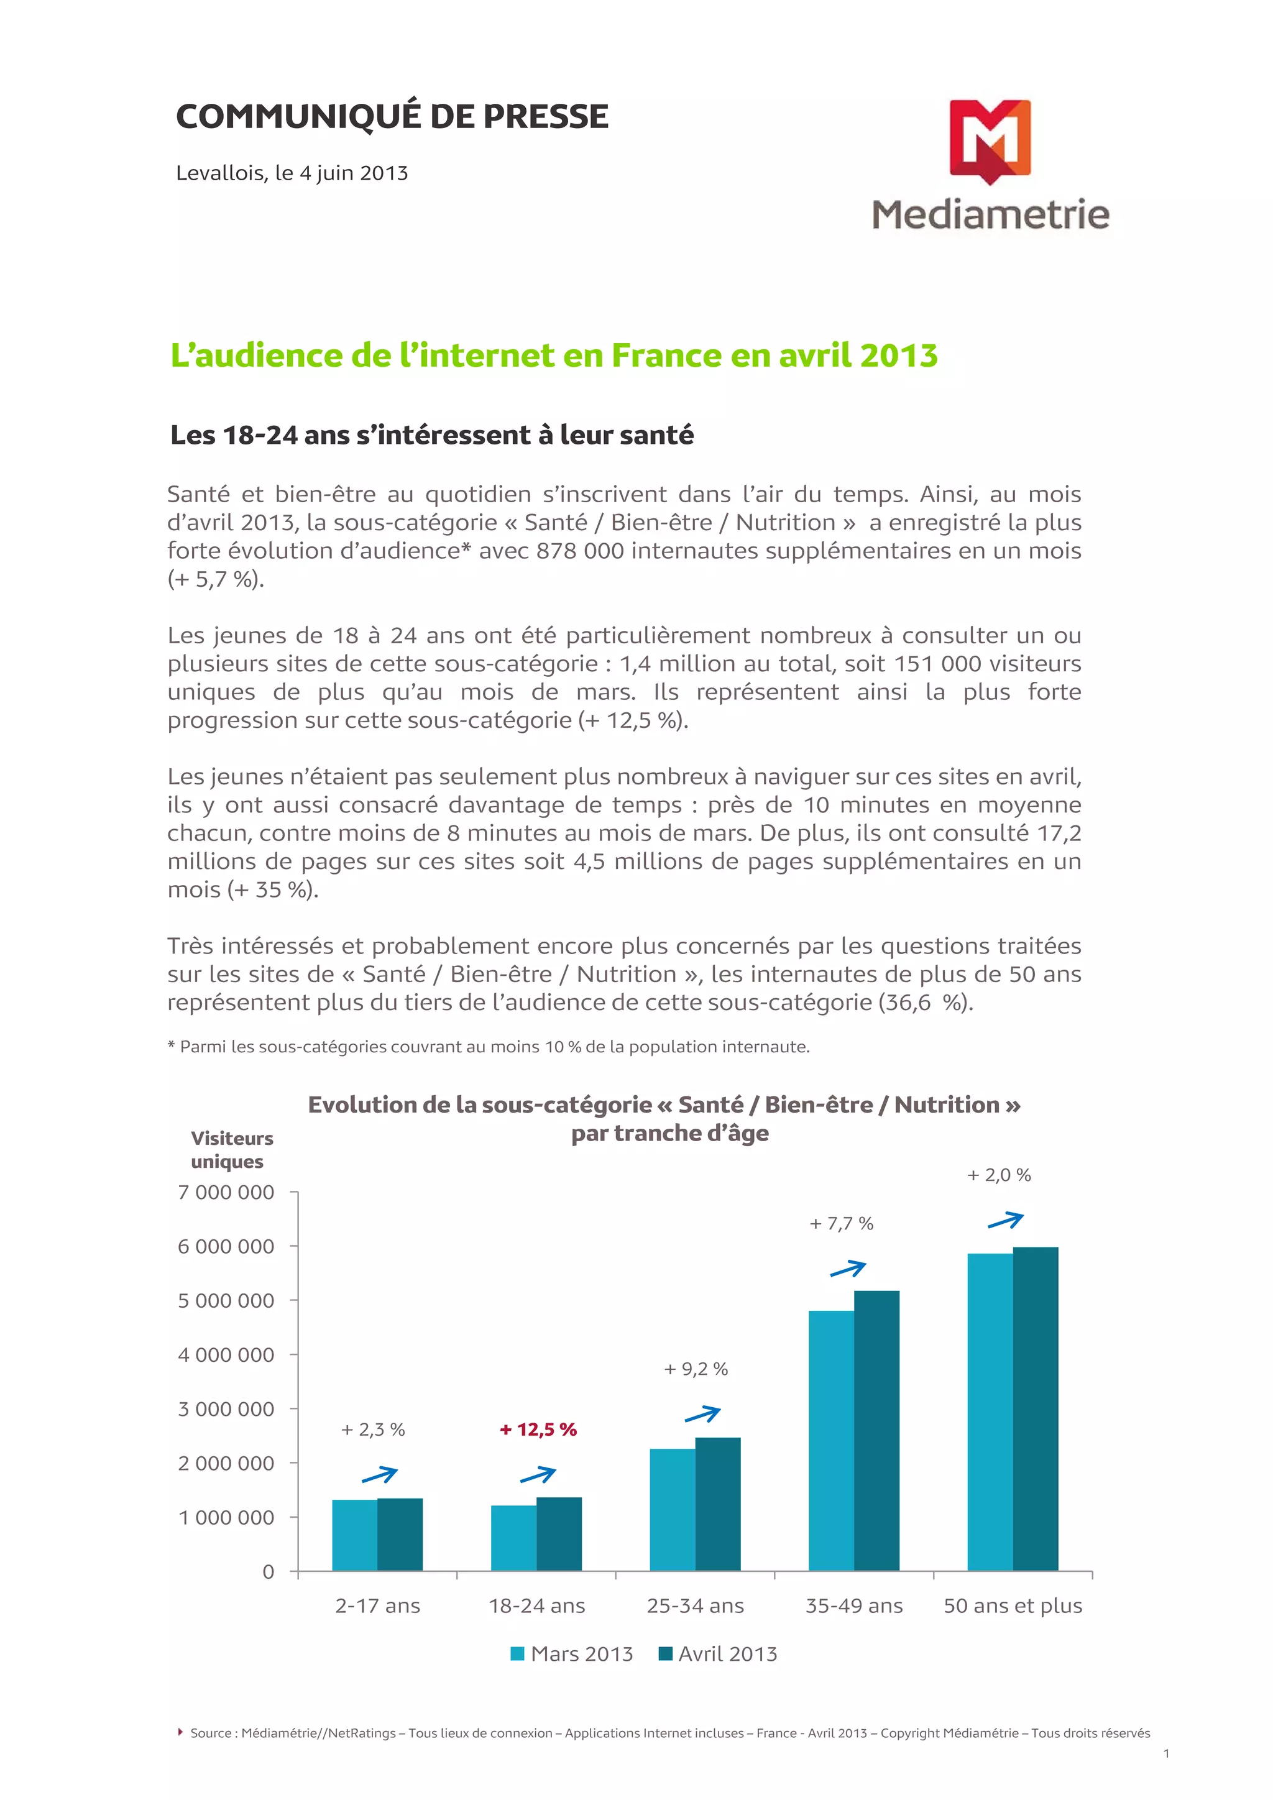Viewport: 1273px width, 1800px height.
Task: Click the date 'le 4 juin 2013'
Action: (x=342, y=173)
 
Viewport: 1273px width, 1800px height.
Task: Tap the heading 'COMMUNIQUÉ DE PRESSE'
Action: (x=392, y=117)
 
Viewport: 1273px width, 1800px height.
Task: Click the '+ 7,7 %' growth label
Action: (x=841, y=1224)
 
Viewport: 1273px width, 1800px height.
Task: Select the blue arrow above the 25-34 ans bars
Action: (x=702, y=1414)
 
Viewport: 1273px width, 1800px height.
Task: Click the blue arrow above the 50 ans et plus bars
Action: (x=1006, y=1221)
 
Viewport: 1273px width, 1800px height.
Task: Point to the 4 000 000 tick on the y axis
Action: (x=226, y=1355)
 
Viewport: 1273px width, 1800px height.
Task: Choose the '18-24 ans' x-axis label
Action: (x=537, y=1606)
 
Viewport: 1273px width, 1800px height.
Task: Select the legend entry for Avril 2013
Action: (x=718, y=1654)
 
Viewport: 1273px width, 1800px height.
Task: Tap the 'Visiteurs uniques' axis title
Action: (x=231, y=1149)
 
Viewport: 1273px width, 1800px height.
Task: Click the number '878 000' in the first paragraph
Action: (x=580, y=551)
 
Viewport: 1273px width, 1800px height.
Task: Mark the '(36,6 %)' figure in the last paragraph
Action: (x=925, y=1003)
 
